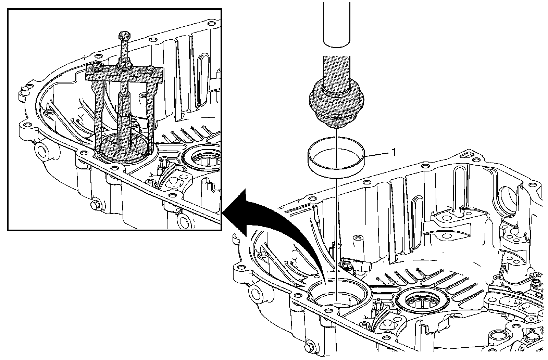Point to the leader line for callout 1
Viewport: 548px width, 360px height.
point(377,154)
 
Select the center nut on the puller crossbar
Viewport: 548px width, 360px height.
point(124,64)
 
